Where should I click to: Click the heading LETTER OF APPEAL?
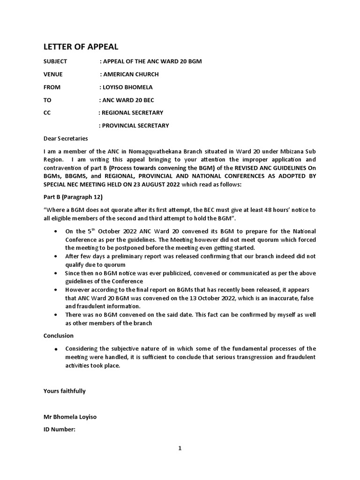pyautogui.click(x=81, y=46)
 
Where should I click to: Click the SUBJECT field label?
pyautogui.click(x=55, y=61)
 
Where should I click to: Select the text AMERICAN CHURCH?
pyautogui.click(x=131, y=74)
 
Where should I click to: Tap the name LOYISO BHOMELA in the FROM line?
pyautogui.click(x=127, y=87)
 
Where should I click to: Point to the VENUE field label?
pyautogui.click(x=52, y=74)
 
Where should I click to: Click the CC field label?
pyautogui.click(x=46, y=112)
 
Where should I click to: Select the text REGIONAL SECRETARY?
pyautogui.click(x=133, y=112)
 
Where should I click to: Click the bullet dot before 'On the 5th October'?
pyautogui.click(x=56, y=232)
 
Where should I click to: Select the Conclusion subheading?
pyautogui.click(x=59, y=336)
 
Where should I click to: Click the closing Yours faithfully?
pyautogui.click(x=65, y=391)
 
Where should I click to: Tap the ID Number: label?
pyautogui.click(x=59, y=429)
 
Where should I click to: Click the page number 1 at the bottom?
pyautogui.click(x=180, y=448)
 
